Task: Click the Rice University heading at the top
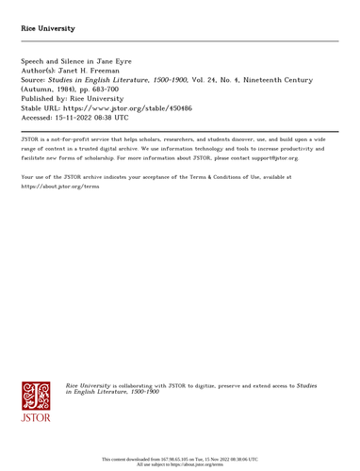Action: [x=50, y=28]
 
